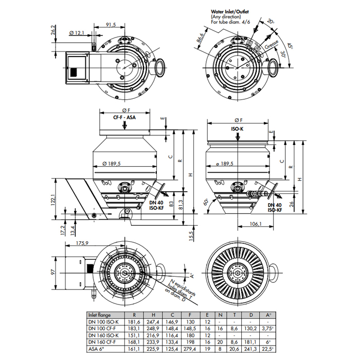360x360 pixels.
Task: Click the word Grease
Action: point(272,44)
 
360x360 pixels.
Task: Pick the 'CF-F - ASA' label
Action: point(124,117)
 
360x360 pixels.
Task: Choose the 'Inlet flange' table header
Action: point(99,315)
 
